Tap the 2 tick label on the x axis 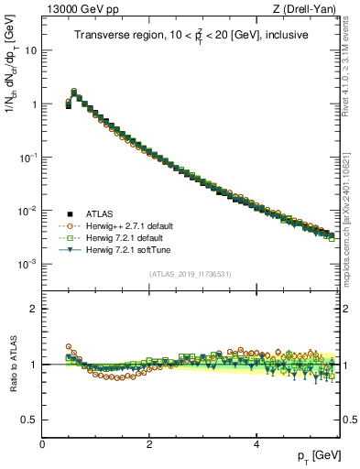pyautogui.click(x=149, y=444)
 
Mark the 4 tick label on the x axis pyautogui.click(x=256, y=444)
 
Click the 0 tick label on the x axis pyautogui.click(x=42, y=444)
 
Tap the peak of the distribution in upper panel pyautogui.click(x=74, y=92)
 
